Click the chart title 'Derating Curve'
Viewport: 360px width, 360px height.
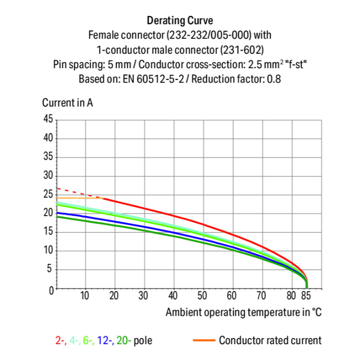coord(180,21)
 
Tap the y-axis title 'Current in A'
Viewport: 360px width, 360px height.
coord(67,103)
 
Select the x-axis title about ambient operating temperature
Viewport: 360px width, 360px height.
coord(243,312)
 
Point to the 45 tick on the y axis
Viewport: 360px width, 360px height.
coord(47,120)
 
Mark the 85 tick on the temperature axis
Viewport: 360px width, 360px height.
coord(307,295)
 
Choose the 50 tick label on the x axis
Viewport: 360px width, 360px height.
coord(202,295)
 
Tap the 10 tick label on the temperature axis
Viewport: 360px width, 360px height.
coord(84,295)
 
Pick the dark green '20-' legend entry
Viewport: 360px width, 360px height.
coord(123,341)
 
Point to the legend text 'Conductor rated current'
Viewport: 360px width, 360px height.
coord(270,341)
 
